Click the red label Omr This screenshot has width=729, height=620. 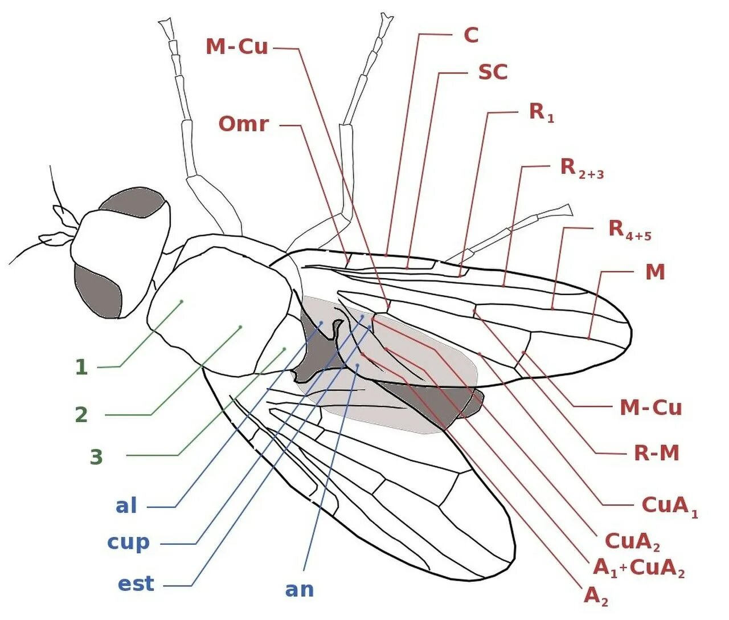(243, 124)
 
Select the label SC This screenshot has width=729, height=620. (493, 72)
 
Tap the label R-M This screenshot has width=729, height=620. (657, 453)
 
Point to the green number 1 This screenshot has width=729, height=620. (81, 367)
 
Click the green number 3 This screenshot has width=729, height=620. (96, 457)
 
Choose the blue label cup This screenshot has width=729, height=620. (128, 542)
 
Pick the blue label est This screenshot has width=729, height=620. (136, 584)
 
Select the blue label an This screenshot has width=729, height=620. (299, 590)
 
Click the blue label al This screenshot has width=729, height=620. (126, 506)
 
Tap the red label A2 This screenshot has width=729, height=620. (596, 596)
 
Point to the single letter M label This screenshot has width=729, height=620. (655, 272)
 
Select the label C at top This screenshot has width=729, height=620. (471, 35)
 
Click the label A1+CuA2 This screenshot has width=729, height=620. (638, 568)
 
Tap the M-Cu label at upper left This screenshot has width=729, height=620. (236, 47)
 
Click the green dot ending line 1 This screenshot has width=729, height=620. (182, 301)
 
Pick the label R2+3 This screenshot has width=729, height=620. (581, 168)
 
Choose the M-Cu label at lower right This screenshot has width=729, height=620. (650, 407)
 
